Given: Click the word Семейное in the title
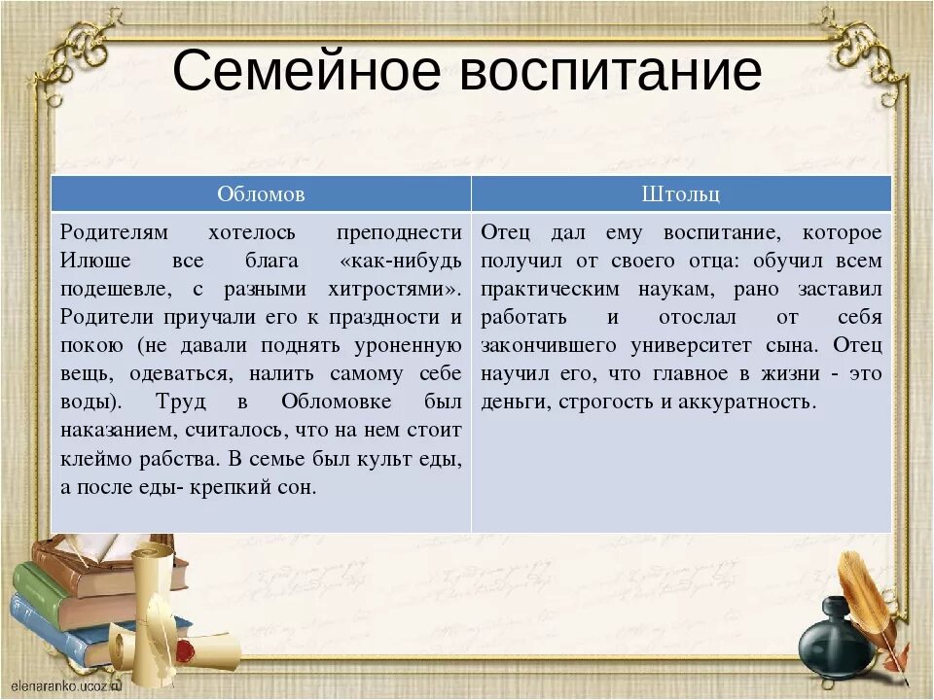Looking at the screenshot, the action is click(306, 70).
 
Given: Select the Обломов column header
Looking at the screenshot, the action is click(261, 194).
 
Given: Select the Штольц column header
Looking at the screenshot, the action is click(681, 194).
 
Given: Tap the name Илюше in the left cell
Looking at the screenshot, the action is click(95, 261).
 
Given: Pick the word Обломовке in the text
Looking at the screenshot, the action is click(336, 402).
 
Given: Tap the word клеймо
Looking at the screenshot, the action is click(96, 458).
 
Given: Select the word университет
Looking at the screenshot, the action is click(691, 345).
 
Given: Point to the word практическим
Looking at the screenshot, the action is click(550, 290).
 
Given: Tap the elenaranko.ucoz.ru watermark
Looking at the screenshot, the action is click(66, 685).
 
